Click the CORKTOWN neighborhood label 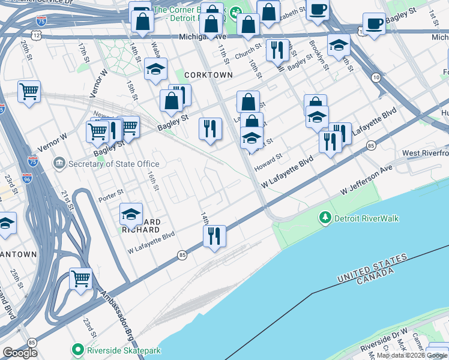[x=208, y=74]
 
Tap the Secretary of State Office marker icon [x=59, y=163]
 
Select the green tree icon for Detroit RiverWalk [x=325, y=218]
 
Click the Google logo [x=20, y=353]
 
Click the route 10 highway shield [x=376, y=77]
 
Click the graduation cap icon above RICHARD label [x=131, y=214]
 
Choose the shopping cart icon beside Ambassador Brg [x=80, y=278]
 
